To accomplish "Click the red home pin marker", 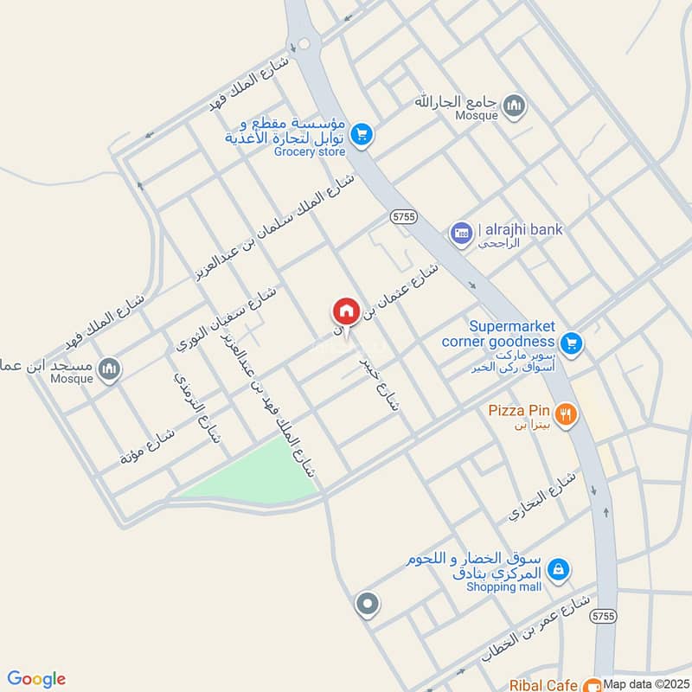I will tap(346, 311).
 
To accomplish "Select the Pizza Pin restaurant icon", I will tap(567, 414).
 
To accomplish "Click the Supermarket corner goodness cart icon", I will tap(570, 344).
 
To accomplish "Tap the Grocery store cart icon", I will tap(362, 134).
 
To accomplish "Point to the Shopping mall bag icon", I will tap(560, 569).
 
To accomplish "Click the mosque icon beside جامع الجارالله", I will tap(516, 106).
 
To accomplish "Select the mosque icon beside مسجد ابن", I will tap(109, 370).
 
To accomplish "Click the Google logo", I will tap(36, 679).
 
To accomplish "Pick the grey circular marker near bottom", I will tap(368, 604).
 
